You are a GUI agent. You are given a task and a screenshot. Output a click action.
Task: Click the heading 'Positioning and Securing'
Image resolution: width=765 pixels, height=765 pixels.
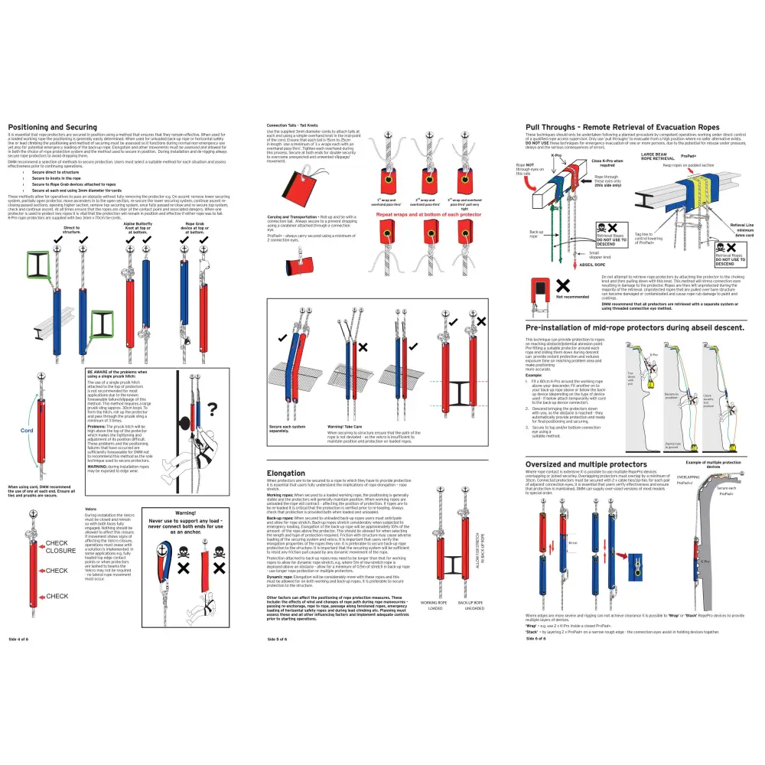tap(52, 127)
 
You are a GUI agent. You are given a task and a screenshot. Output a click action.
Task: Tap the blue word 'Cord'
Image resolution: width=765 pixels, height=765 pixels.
tap(27, 431)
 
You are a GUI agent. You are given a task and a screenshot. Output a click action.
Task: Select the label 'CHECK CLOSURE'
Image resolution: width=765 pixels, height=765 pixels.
tap(61, 547)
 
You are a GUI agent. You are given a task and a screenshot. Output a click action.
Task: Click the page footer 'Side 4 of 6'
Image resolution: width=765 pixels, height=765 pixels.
tap(20, 638)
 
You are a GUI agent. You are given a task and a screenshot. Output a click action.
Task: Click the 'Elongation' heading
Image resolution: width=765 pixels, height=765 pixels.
tap(286, 473)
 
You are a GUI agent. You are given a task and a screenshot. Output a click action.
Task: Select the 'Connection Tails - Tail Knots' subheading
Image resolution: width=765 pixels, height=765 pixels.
tap(297, 125)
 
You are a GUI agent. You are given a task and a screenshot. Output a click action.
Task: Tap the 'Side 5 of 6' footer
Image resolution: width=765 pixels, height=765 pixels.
tap(277, 638)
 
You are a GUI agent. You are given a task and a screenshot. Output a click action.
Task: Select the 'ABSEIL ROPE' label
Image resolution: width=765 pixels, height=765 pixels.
tap(593, 265)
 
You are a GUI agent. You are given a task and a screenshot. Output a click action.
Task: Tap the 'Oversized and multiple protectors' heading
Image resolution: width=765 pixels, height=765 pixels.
tap(586, 464)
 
